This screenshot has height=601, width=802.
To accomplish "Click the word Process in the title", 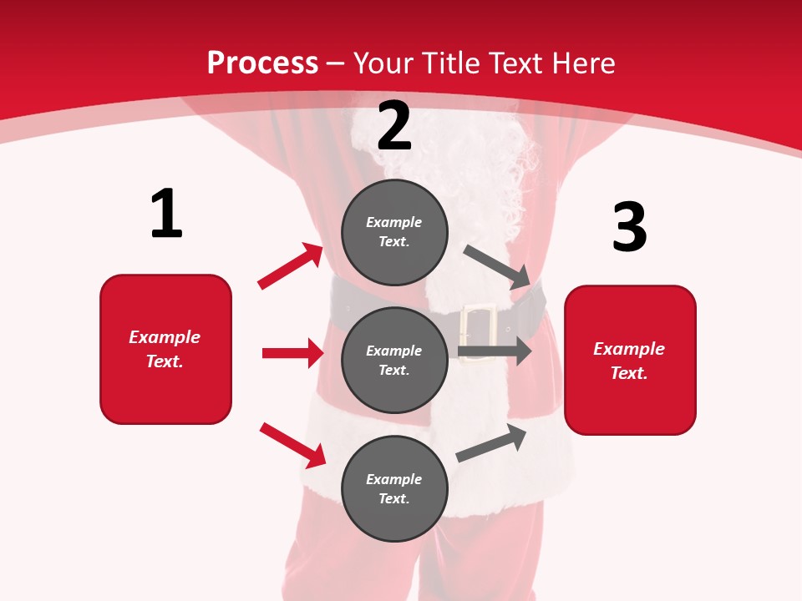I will click(262, 63).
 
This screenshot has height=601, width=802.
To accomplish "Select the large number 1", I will click(166, 215).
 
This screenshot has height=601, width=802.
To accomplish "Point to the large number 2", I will click(394, 126).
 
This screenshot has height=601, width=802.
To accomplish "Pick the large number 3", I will click(629, 227).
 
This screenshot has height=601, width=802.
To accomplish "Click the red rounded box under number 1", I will click(165, 349).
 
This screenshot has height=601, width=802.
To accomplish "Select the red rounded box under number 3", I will click(630, 361).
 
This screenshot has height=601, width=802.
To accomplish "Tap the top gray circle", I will click(394, 232).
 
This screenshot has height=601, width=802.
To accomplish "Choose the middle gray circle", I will click(394, 360).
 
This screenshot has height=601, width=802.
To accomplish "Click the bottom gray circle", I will click(394, 488).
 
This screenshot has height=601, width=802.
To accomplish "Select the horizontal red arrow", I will click(292, 353).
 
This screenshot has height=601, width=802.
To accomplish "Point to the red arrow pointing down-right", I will click(293, 445).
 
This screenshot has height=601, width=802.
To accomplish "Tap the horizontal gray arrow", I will click(495, 351).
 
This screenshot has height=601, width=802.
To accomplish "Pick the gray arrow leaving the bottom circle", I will click(492, 443).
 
